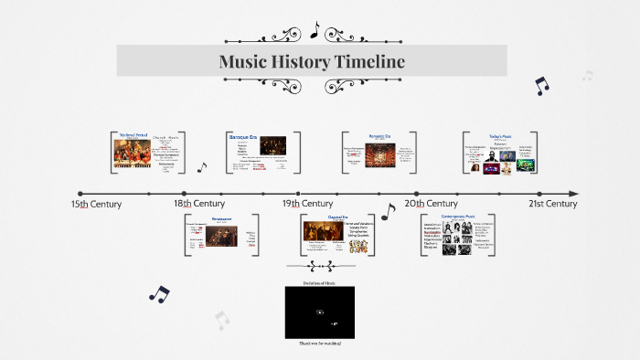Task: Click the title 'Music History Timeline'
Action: [x=311, y=61]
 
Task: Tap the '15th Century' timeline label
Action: [x=96, y=204]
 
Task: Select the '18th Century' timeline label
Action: [x=199, y=204]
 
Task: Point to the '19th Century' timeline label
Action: [x=307, y=204]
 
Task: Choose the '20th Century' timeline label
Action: [x=432, y=204]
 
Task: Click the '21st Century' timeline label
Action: [x=552, y=204]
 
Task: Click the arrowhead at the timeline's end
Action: [x=573, y=194]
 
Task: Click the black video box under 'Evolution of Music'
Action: [x=319, y=312]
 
